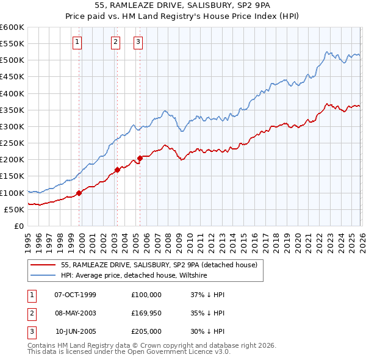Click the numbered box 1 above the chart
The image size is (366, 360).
(77, 42)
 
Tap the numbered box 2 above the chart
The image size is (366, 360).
(116, 42)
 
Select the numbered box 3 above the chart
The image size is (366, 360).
(138, 42)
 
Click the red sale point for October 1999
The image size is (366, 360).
(79, 193)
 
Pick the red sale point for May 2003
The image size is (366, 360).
(117, 170)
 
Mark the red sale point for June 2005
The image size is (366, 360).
(140, 159)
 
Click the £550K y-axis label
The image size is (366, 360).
(12, 44)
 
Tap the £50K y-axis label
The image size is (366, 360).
(14, 209)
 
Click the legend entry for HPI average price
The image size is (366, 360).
(134, 275)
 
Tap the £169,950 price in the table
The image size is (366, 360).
(146, 314)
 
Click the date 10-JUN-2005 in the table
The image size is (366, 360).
(76, 333)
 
